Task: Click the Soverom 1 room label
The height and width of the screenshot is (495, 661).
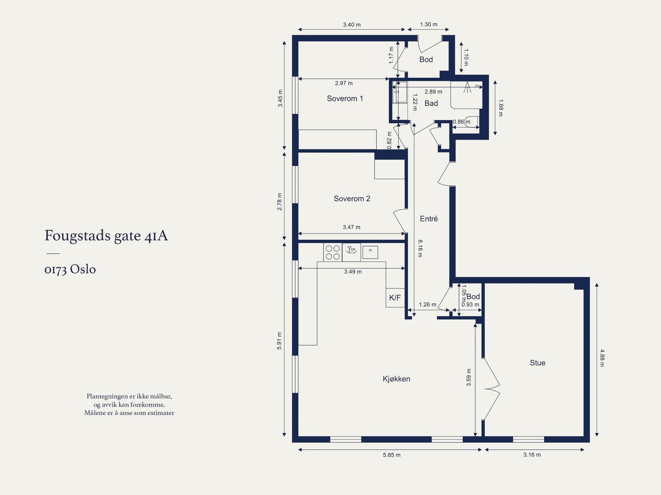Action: click(345, 98)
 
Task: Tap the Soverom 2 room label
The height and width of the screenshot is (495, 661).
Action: click(352, 198)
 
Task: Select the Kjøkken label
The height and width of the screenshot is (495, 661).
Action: click(396, 379)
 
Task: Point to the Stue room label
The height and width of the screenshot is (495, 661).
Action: click(537, 363)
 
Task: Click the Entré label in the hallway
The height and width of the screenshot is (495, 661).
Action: click(429, 219)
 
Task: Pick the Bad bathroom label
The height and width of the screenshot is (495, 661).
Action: click(431, 103)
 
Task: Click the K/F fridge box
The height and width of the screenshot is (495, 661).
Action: click(395, 298)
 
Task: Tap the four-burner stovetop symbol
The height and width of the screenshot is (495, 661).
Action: click(333, 252)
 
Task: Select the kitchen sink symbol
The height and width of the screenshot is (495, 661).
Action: click(370, 252)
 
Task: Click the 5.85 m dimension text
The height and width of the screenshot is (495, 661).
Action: click(392, 455)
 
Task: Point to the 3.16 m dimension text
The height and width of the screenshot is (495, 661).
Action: click(532, 455)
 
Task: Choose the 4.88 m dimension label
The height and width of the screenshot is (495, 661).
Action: click(602, 358)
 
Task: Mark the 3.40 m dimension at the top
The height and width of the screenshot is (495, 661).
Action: click(352, 25)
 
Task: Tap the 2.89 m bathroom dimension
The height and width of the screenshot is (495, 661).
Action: click(433, 92)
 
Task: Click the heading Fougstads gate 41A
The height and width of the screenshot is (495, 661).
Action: click(106, 236)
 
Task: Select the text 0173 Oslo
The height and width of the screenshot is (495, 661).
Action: click(70, 269)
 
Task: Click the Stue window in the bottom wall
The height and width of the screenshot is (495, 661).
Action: click(528, 440)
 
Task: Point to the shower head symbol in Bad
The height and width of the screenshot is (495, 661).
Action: click(467, 87)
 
